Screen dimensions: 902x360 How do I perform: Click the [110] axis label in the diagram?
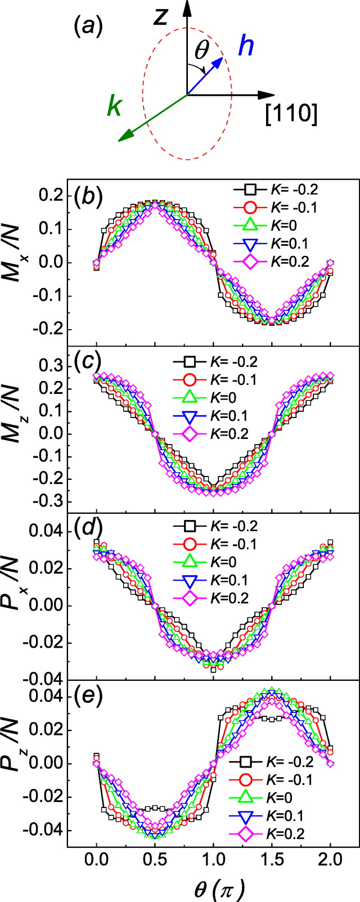(x=291, y=114)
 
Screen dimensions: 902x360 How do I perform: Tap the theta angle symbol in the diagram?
(x=202, y=51)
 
